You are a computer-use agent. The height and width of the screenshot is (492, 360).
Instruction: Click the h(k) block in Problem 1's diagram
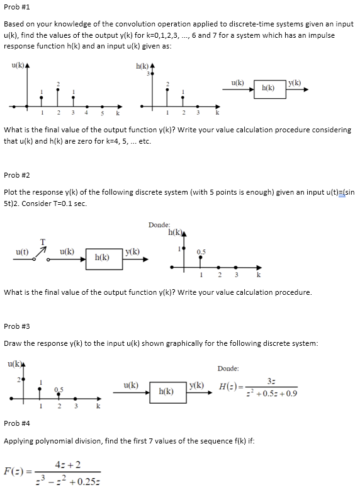click(268, 88)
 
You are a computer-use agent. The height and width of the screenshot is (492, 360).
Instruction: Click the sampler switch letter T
click(43, 241)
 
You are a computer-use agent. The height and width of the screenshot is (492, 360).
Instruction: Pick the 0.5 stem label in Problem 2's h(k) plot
click(200, 251)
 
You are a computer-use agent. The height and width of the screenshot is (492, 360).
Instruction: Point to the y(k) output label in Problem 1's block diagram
click(294, 83)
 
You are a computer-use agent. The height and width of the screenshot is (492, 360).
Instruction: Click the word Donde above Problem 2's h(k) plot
click(159, 225)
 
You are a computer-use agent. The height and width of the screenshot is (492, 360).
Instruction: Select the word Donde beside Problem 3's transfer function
click(228, 369)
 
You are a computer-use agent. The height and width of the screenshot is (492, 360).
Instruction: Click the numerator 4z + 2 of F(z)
click(65, 465)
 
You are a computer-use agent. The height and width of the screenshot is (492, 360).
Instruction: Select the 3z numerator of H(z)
click(271, 380)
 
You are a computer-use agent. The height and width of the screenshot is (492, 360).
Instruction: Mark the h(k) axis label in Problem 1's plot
click(143, 66)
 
